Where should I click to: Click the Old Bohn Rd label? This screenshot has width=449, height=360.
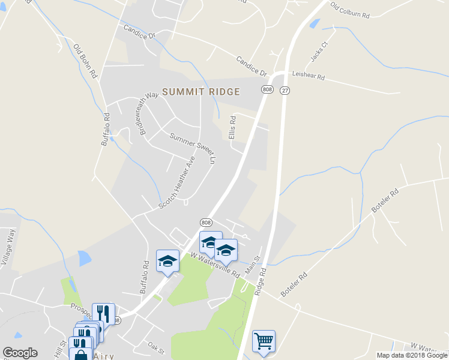(x=85, y=62)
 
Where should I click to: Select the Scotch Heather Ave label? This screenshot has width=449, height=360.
(x=177, y=182)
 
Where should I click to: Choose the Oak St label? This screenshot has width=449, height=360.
(x=155, y=349)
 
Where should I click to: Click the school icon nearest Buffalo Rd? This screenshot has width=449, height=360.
(x=168, y=261)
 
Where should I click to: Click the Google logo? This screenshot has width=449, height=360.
(x=20, y=353)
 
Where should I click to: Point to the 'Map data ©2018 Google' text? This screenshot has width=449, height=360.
(x=411, y=355)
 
